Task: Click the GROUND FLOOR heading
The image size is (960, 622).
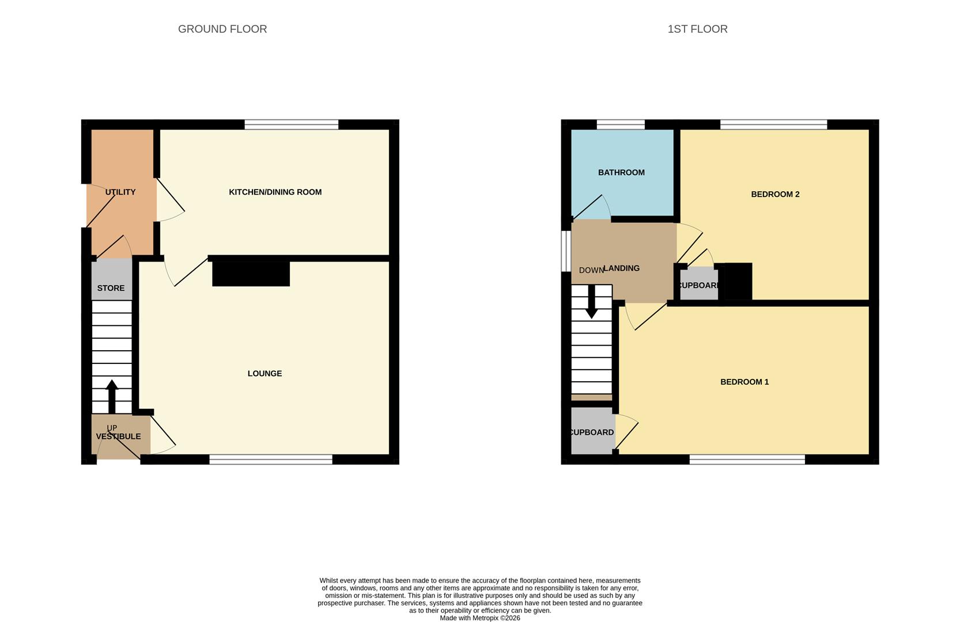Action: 222,29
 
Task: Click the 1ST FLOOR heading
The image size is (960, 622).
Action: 697,29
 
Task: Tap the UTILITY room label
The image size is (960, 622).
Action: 120,192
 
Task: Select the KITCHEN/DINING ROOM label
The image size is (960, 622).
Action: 275,192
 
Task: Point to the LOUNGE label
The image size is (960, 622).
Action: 264,373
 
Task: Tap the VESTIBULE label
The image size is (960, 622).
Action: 118,437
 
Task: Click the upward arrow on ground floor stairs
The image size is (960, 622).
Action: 112,396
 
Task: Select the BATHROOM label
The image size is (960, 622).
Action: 621,172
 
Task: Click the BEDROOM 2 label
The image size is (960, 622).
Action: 775,194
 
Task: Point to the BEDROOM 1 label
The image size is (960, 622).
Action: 744,382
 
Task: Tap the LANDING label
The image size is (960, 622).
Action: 622,268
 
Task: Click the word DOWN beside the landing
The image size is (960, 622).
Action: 591,270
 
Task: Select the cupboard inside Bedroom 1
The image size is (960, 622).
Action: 592,432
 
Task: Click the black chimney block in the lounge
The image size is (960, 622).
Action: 251,274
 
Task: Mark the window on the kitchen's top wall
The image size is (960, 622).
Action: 291,124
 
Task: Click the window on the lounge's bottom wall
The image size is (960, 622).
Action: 271,459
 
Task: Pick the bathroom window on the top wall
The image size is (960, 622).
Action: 621,124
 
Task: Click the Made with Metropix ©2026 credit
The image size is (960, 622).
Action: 480,618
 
